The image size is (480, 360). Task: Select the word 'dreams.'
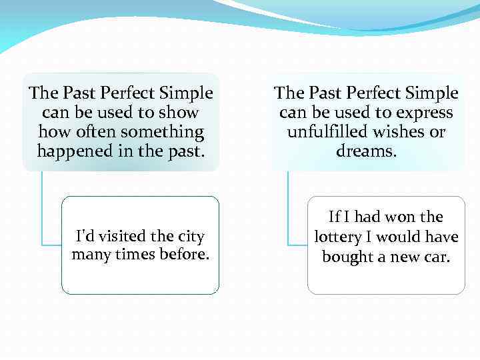coord(367,151)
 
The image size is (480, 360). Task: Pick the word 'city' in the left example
coord(191,237)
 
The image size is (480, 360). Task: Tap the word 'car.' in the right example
coord(436,257)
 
